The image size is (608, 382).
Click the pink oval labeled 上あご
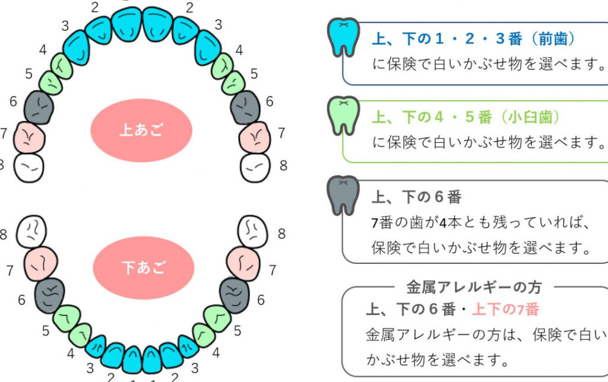tap(141, 130)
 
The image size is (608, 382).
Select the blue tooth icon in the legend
tap(344, 37)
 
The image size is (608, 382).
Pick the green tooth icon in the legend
tap(344, 115)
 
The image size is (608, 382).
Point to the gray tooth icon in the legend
tap(344, 195)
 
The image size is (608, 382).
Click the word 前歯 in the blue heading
tap(553, 39)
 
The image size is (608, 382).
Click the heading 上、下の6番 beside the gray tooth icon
tap(416, 196)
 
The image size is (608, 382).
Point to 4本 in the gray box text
tap(445, 223)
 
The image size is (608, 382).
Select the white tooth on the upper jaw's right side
tap(256, 168)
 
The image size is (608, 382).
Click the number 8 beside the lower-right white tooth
tap(281, 234)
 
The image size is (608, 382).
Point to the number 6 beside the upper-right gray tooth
tap(270, 101)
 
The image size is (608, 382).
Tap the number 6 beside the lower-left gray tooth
tap(22, 300)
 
